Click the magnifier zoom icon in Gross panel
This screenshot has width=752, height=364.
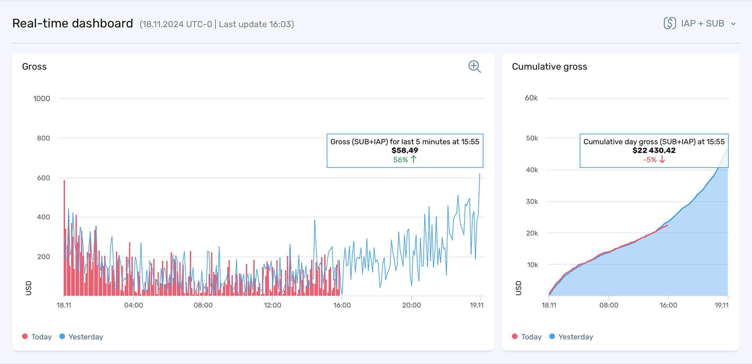tap(474, 66)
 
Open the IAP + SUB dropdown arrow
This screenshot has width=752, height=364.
tap(733, 24)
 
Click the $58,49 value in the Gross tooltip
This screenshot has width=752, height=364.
tap(405, 151)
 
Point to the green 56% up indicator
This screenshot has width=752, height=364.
tap(405, 160)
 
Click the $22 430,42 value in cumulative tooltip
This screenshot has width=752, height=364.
tap(654, 151)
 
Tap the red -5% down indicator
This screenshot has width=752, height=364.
tap(654, 160)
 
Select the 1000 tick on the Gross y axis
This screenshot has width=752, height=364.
tap(42, 99)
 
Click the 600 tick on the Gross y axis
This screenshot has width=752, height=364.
tap(43, 178)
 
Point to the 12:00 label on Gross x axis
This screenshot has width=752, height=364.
tap(272, 305)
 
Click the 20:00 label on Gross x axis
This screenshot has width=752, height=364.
tap(411, 305)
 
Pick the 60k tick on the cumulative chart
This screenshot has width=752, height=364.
tap(531, 98)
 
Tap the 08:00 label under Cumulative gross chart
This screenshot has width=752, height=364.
tap(609, 305)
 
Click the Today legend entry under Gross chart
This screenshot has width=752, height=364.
tap(37, 337)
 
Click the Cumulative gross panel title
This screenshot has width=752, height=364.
tap(549, 67)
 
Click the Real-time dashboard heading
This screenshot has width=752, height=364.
tap(72, 23)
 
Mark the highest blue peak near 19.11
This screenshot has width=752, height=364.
tap(479, 174)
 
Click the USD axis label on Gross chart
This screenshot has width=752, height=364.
tap(28, 288)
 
